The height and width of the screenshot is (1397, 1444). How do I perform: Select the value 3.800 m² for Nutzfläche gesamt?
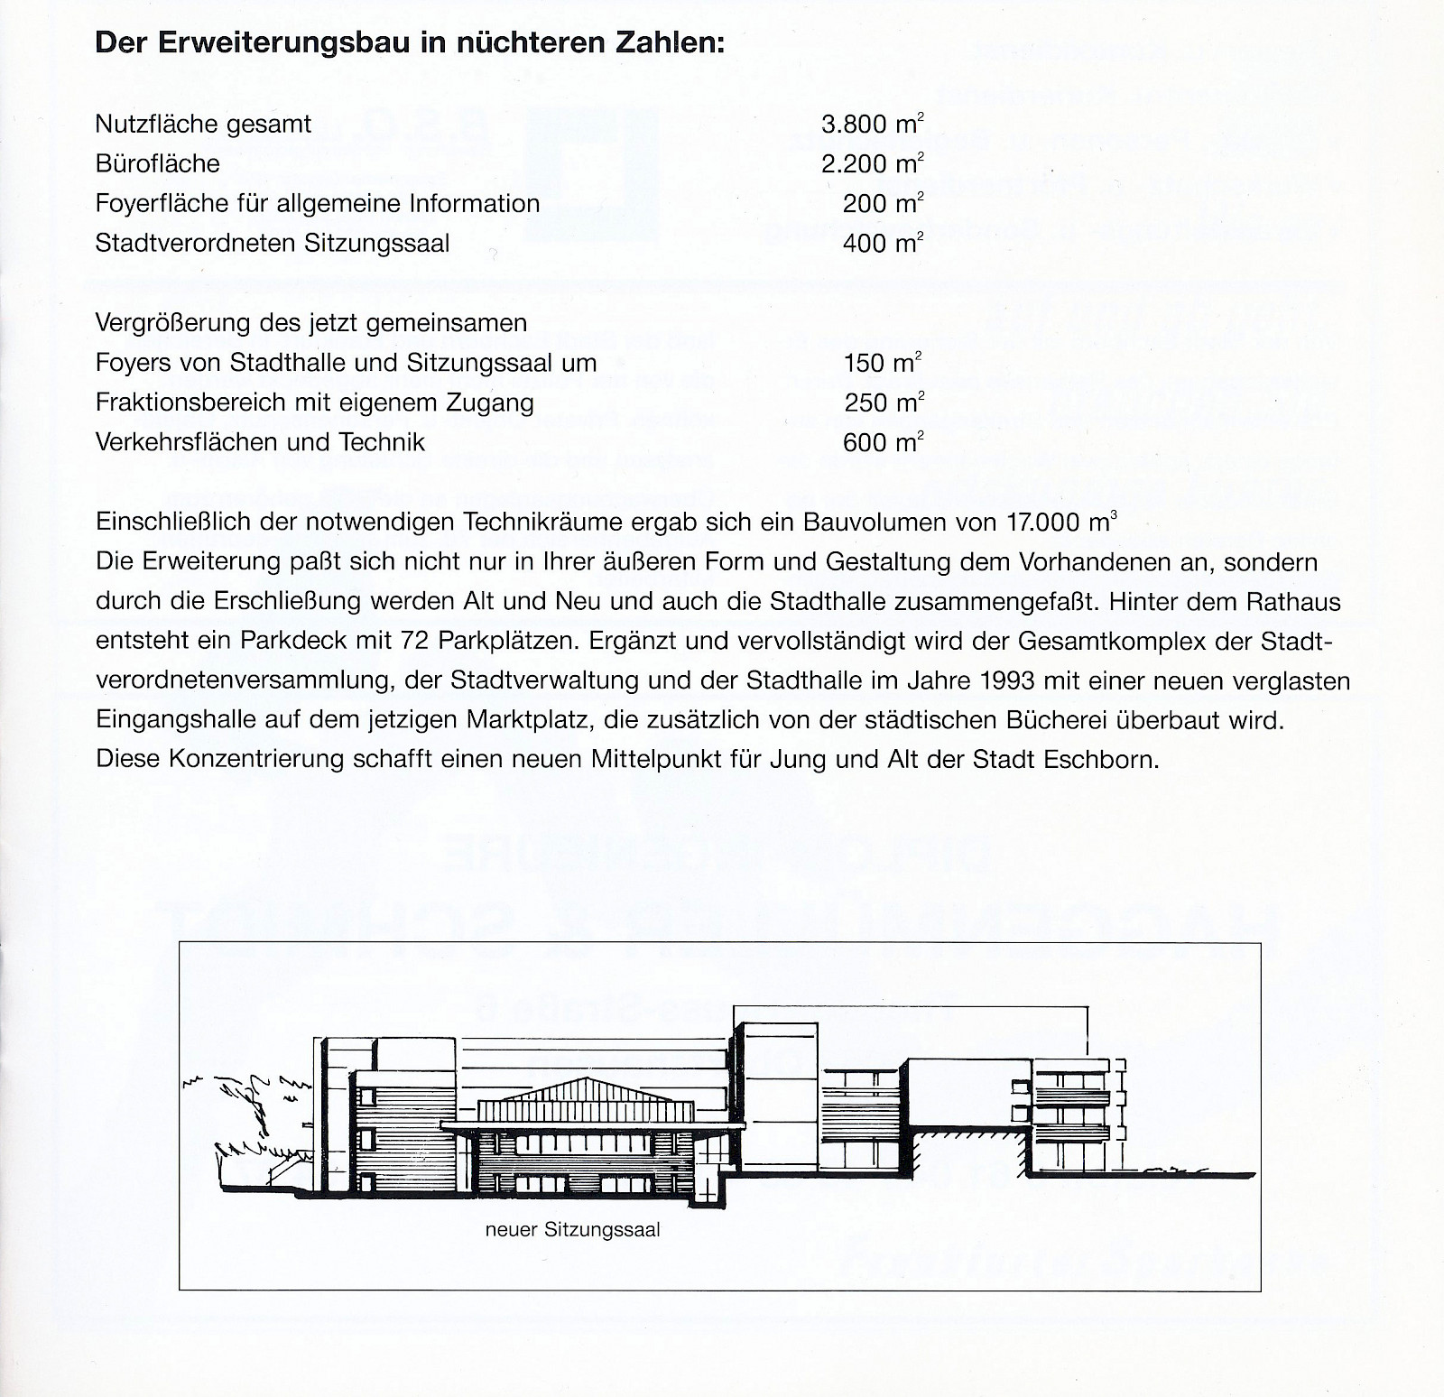tap(872, 125)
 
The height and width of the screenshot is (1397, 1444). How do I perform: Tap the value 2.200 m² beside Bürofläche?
tap(872, 164)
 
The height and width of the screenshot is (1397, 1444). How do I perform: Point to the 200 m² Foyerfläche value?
tap(883, 204)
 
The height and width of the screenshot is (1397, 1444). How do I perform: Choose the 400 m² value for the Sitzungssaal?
tap(883, 244)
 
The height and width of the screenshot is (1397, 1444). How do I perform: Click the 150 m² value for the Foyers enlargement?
tap(882, 364)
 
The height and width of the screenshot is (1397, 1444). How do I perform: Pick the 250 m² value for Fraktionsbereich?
tap(884, 403)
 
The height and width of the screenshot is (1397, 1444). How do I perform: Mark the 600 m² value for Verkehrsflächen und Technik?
tap(883, 443)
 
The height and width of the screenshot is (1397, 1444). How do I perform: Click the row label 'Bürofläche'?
tap(157, 164)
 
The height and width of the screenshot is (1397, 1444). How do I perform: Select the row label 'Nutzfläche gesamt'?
tap(203, 125)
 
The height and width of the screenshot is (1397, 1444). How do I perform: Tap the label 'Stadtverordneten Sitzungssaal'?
tap(272, 244)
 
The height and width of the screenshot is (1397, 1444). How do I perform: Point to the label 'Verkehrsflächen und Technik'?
tap(260, 443)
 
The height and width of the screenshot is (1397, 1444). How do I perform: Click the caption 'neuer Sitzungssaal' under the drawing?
tap(572, 1230)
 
